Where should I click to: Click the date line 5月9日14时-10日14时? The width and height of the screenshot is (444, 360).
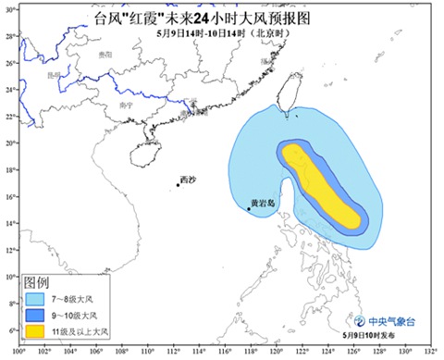(222, 29)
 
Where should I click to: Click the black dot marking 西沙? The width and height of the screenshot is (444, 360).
(177, 184)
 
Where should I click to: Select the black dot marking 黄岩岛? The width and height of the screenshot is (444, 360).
(250, 209)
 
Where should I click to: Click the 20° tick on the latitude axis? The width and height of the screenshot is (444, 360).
(10, 143)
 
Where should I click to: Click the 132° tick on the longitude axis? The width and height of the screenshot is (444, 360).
(429, 351)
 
